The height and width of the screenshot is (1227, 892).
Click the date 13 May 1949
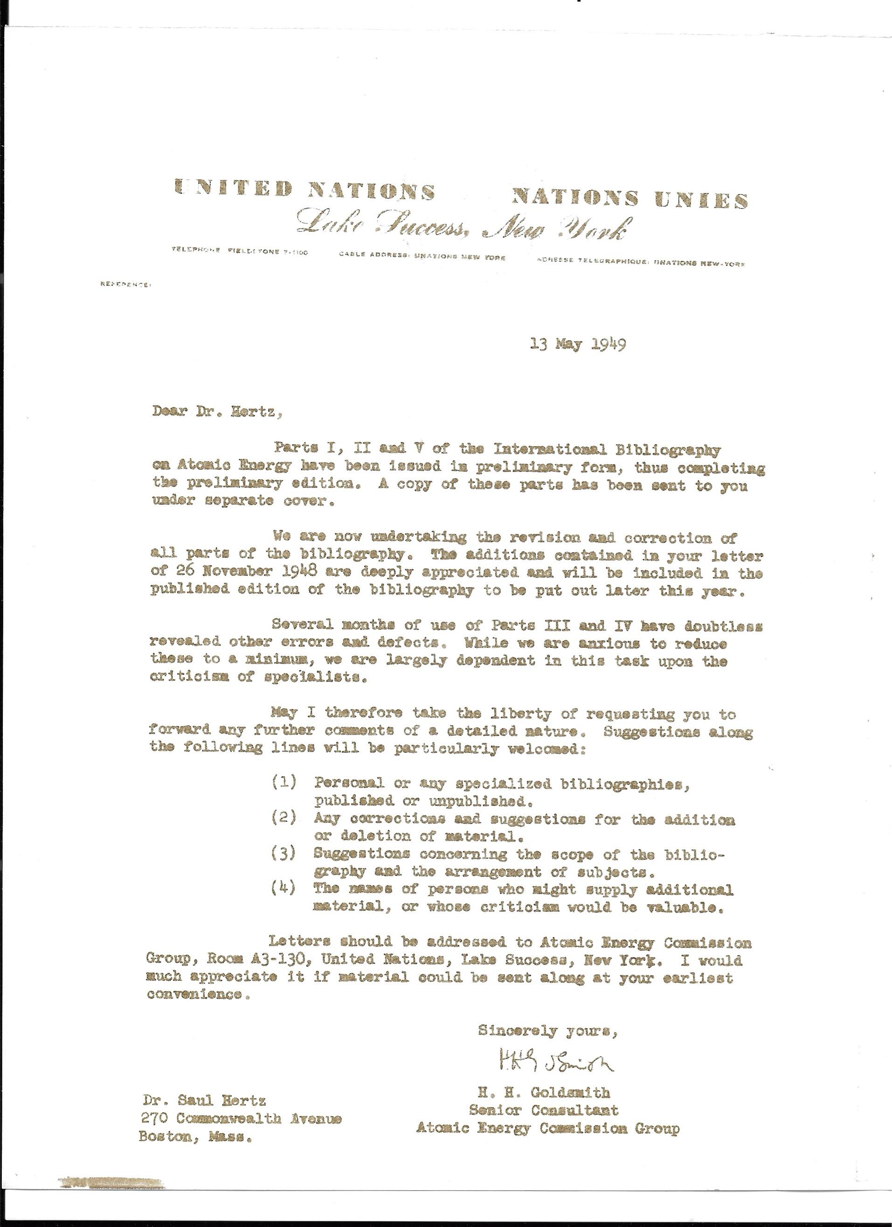[x=578, y=344]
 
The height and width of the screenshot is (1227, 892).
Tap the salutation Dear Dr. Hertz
[x=217, y=413]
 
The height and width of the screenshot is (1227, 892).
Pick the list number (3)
[x=284, y=854]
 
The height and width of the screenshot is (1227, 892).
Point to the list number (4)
[x=284, y=889]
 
